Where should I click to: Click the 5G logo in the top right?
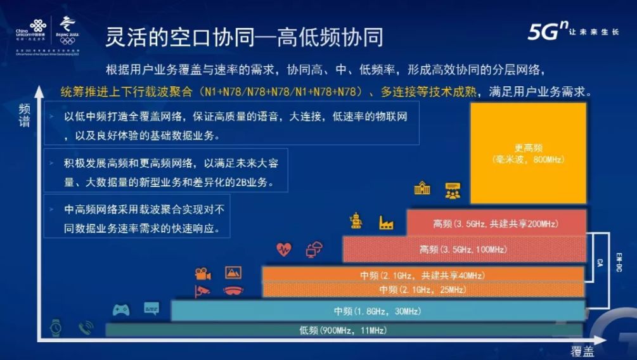[545, 32]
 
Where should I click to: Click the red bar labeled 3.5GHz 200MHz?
[496, 223]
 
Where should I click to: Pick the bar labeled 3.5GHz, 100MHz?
[464, 249]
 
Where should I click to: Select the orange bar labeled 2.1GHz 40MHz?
[423, 274]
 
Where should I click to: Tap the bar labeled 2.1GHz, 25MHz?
[423, 290]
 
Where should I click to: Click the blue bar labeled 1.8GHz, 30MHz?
[378, 311]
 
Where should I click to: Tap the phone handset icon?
[86, 328]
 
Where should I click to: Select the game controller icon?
[121, 310]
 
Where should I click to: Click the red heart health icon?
[284, 249]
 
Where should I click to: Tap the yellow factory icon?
[386, 222]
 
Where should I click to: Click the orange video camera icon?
[203, 274]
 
